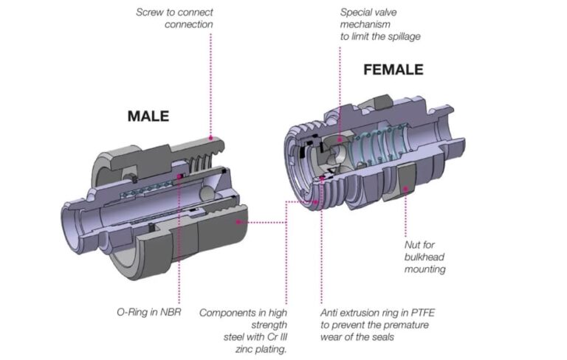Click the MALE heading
pos(148,116)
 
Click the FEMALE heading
pos(393,69)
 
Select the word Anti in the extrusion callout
pos(331,312)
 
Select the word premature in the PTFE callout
pos(404,325)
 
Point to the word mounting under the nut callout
pos(425,269)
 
